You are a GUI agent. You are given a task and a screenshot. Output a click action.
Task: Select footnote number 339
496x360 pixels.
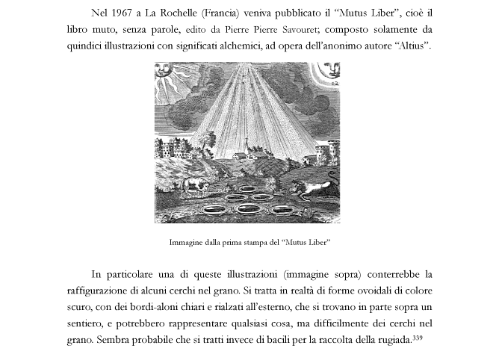pyautogui.click(x=417, y=338)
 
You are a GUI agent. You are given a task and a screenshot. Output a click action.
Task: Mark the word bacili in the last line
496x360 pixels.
pyautogui.click(x=264, y=340)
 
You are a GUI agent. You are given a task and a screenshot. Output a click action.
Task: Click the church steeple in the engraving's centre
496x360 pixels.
pyautogui.click(x=248, y=147)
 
